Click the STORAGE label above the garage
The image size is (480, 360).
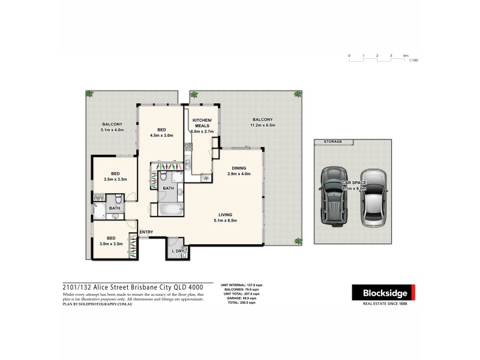(x=333, y=142)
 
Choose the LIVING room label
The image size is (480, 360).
(x=226, y=214)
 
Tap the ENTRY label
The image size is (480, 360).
(x=146, y=232)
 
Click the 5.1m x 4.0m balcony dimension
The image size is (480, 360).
(x=112, y=130)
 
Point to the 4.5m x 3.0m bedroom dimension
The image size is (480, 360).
(x=161, y=136)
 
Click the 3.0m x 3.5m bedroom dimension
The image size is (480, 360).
(x=111, y=243)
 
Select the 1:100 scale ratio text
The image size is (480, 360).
(x=413, y=61)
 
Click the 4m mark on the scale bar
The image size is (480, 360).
(x=406, y=55)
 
